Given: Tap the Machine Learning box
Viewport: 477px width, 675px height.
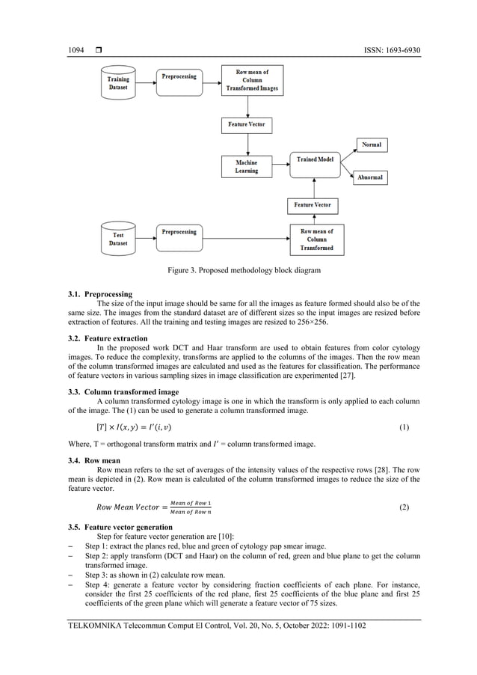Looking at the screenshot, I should coord(247,166).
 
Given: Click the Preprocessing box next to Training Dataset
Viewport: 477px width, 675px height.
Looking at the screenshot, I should coord(179,76).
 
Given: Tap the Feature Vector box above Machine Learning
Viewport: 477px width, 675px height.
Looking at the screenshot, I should coord(247,124).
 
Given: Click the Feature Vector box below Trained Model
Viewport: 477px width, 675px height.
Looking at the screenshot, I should coord(313,204).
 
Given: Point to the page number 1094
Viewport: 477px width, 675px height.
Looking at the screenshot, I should coord(76,50).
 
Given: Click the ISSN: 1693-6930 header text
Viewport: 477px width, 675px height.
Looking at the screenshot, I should coord(389,50).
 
